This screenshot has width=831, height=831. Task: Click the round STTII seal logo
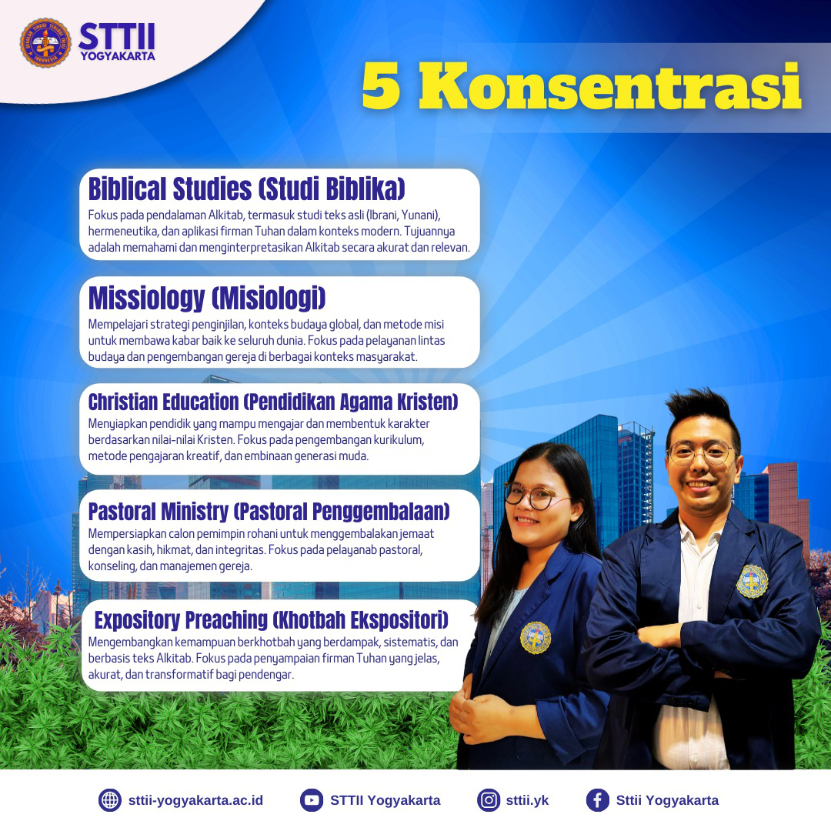point(45,43)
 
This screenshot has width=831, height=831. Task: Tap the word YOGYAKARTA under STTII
point(118,56)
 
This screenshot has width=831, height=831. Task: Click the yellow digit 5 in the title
point(381,86)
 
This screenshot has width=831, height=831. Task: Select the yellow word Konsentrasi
point(609,86)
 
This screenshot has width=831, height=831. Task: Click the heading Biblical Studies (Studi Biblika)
point(246,189)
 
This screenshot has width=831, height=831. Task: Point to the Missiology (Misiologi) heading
point(207,299)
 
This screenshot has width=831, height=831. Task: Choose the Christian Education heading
point(273,402)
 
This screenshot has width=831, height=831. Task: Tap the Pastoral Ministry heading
point(269,512)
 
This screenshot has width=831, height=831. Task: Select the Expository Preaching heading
point(272,620)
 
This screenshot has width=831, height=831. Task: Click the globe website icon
point(110,800)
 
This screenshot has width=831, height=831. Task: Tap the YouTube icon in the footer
point(311,800)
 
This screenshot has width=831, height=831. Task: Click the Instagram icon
point(488,800)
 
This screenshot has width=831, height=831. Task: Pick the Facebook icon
point(597,800)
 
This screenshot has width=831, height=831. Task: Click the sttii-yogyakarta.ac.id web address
point(195,800)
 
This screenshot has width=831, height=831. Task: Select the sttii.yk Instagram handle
point(527,800)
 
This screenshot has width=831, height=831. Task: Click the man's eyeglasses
point(701,453)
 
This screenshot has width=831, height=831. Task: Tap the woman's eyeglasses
point(530,496)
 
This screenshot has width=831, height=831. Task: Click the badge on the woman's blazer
point(536,638)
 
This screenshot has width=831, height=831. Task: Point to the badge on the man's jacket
point(752,582)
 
